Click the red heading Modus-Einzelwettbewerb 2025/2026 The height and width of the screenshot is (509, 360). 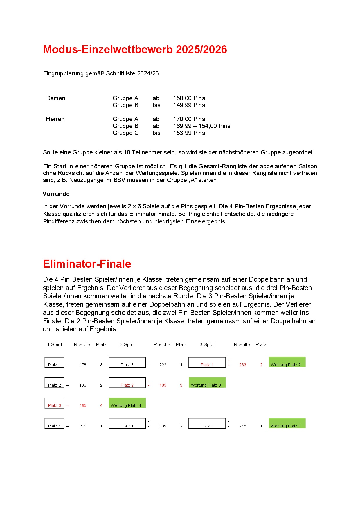click(x=135, y=50)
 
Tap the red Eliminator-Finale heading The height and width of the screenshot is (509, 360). click(x=87, y=264)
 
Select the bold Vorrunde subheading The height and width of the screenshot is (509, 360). click(x=56, y=194)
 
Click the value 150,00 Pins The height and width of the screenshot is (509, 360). click(x=189, y=98)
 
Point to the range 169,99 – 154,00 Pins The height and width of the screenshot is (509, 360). click(x=201, y=126)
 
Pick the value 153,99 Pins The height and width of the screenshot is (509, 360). click(x=189, y=133)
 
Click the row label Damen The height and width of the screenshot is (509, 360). click(x=56, y=98)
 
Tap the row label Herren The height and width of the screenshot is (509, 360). click(x=55, y=119)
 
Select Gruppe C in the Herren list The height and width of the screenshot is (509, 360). click(x=125, y=133)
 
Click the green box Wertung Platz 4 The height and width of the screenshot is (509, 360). click(x=127, y=403)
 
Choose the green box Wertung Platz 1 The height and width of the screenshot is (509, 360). click(x=287, y=423)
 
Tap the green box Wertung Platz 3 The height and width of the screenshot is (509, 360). click(x=207, y=383)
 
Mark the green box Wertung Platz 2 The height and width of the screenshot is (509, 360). click(x=287, y=362)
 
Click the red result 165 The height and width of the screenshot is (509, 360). click(x=83, y=405)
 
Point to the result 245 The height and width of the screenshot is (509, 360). click(x=243, y=426)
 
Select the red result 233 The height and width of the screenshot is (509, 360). click(x=243, y=365)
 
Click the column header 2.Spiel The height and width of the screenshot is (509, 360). click(x=127, y=344)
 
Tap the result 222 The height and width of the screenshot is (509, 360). click(x=163, y=365)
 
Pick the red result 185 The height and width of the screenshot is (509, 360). click(x=163, y=385)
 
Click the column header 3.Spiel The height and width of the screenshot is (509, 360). click(x=207, y=344)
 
